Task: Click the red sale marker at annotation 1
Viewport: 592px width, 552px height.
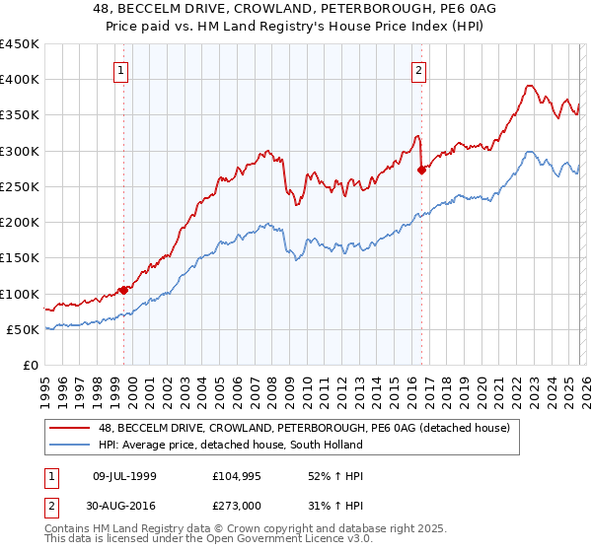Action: coord(124,290)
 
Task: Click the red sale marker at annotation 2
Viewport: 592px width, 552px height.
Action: coord(422,170)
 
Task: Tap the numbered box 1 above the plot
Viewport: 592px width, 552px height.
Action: coord(119,70)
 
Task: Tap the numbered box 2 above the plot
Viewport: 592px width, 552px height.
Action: coord(419,70)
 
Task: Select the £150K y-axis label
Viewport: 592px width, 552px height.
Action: coord(20,258)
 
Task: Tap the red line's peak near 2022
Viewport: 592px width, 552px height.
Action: coord(530,85)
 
